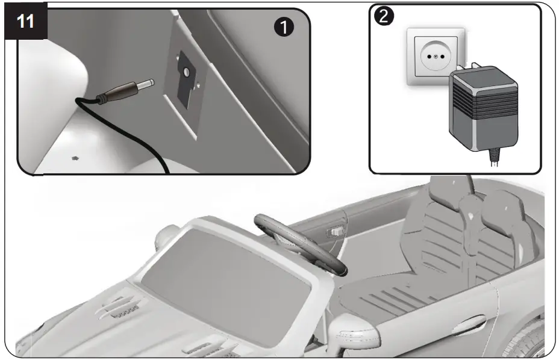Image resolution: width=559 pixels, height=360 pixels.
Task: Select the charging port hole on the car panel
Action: pos(187,72)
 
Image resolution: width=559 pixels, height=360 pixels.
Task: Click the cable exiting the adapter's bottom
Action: pos(495,158)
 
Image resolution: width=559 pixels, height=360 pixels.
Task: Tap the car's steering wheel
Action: pos(301,241)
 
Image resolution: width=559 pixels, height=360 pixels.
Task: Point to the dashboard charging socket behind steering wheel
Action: pos(335,231)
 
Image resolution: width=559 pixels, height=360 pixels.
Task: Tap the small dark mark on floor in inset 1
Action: pos(76,158)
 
